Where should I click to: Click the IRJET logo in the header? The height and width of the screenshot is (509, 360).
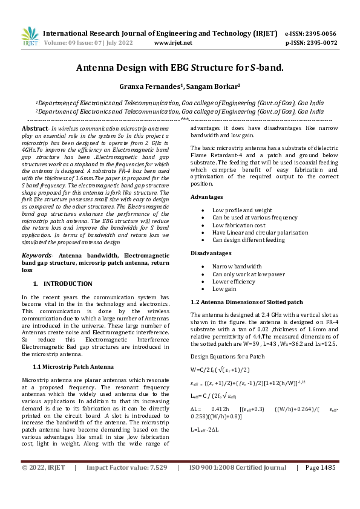[x=29, y=37]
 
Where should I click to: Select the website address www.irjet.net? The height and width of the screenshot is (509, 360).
[x=173, y=43]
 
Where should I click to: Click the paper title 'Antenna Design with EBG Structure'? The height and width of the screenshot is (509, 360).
[x=179, y=68]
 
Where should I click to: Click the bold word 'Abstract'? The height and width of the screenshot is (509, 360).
[x=34, y=129]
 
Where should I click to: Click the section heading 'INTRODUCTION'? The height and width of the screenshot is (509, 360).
[x=68, y=284]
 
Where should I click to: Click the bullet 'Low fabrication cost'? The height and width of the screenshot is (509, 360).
[x=239, y=224]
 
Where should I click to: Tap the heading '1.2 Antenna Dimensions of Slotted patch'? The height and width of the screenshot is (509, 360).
[x=246, y=301]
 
